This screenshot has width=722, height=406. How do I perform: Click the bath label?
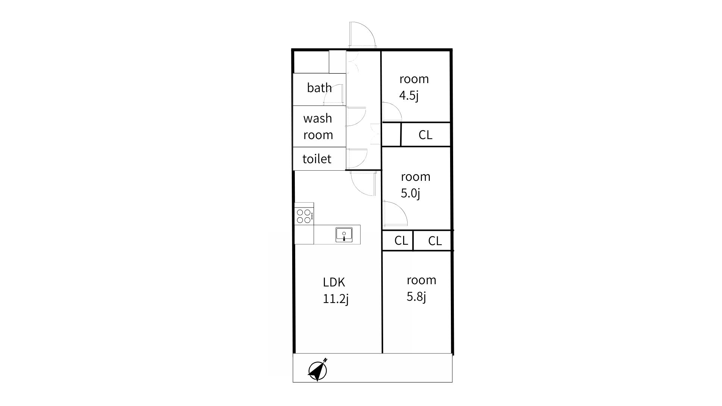(x=319, y=88)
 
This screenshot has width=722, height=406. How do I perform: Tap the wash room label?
(x=318, y=126)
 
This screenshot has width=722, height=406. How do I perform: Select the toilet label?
(x=317, y=159)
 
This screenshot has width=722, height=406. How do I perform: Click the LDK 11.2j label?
(x=336, y=290)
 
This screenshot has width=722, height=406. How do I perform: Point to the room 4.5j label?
(x=414, y=87)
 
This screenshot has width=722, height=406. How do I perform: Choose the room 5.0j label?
(x=416, y=185)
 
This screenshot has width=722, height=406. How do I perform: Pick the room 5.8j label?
(x=421, y=288)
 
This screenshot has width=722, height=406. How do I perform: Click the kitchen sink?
(x=344, y=235)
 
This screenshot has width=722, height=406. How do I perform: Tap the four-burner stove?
(x=304, y=216)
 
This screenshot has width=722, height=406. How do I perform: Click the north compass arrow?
(x=318, y=370)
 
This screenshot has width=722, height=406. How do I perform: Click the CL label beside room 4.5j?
(x=425, y=135)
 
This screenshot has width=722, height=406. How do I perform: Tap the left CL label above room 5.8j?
(x=401, y=241)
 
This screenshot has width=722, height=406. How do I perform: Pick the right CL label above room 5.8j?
(x=435, y=241)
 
